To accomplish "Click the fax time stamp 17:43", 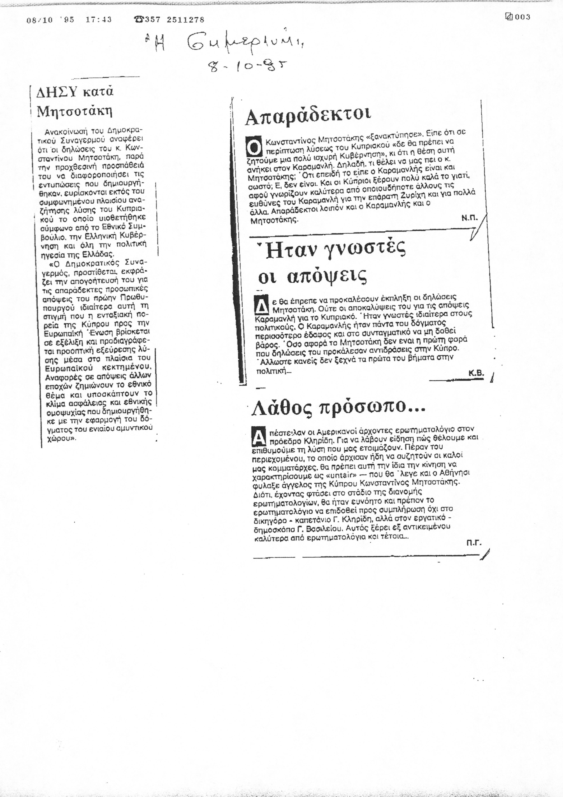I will (x=98, y=20).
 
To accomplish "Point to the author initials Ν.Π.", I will (x=469, y=218).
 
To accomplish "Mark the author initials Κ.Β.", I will (x=476, y=373).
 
